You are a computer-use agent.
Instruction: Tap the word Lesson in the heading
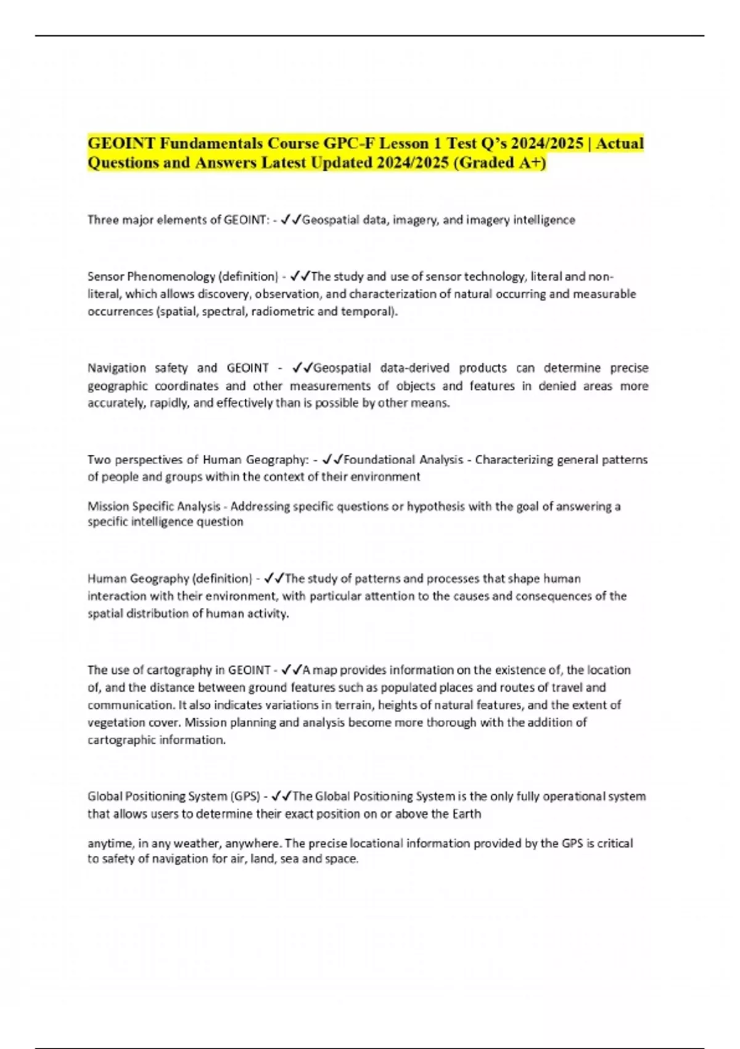[404, 144]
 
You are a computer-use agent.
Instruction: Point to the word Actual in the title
[619, 144]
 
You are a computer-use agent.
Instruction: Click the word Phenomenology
[171, 276]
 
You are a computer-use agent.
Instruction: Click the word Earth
[466, 814]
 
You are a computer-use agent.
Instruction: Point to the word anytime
[110, 844]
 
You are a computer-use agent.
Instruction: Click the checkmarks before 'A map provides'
[290, 670]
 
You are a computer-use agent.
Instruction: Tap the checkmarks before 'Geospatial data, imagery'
[290, 220]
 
